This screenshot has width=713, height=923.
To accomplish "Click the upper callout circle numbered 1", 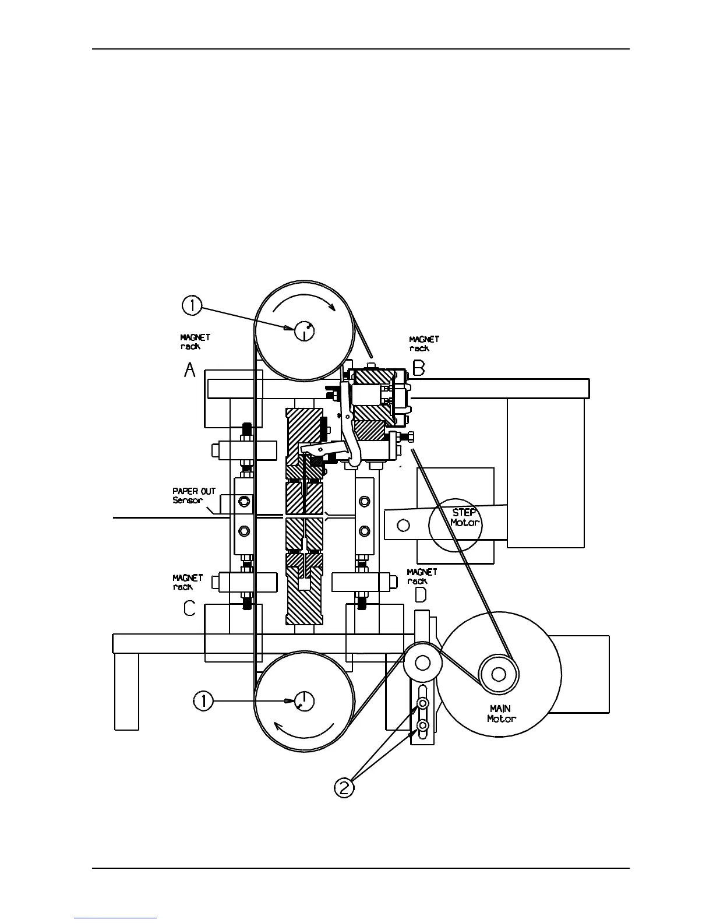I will pyautogui.click(x=192, y=305).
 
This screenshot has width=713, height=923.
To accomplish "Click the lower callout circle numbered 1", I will pyautogui.click(x=203, y=701).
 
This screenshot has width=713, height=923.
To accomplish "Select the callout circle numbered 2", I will pyautogui.click(x=344, y=788).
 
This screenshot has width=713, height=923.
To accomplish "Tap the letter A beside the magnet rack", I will pyautogui.click(x=190, y=369).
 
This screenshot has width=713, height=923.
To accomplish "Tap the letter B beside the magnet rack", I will pyautogui.click(x=419, y=368).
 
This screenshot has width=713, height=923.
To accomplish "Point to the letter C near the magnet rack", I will pyautogui.click(x=189, y=608).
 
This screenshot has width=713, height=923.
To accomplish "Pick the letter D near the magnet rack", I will pyautogui.click(x=419, y=595).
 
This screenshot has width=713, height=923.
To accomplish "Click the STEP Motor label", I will pyautogui.click(x=465, y=517).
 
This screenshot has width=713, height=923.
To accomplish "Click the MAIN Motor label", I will pyautogui.click(x=501, y=714).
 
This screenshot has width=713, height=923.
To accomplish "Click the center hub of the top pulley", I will pyautogui.click(x=304, y=331).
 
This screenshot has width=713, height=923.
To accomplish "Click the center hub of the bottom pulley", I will pyautogui.click(x=304, y=700).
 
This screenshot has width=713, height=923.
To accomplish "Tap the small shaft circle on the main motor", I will pyautogui.click(x=498, y=675).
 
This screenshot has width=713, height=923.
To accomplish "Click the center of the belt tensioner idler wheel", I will pyautogui.click(x=423, y=663).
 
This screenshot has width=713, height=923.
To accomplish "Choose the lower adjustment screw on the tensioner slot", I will pyautogui.click(x=423, y=725).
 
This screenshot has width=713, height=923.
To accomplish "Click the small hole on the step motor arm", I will pyautogui.click(x=402, y=525).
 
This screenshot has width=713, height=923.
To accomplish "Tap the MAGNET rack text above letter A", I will pyautogui.click(x=195, y=341).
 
